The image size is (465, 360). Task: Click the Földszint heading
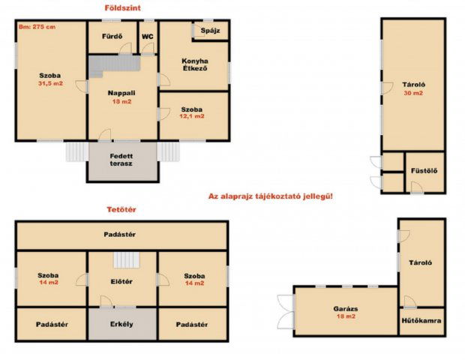(x=122, y=8)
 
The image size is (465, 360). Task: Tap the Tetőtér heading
(x=121, y=210)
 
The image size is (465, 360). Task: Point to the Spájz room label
(x=210, y=31)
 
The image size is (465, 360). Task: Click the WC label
(x=148, y=37)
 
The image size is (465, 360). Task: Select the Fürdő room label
(x=112, y=37)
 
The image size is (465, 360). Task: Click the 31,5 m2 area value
(x=51, y=83)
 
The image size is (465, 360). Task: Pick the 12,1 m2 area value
(x=192, y=116)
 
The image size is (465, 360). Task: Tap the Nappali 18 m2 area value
(x=122, y=101)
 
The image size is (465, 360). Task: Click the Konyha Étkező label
(x=195, y=64)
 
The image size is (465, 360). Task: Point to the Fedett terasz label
(x=121, y=160)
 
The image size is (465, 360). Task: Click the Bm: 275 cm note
(x=37, y=27)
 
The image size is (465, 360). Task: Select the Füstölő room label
(x=424, y=171)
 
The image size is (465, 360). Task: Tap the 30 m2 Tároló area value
(x=413, y=93)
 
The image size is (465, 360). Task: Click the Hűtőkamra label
(x=421, y=320)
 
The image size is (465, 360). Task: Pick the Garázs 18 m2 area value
(x=346, y=316)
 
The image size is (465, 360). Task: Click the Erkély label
(x=121, y=324)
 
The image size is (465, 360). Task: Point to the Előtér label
(x=121, y=281)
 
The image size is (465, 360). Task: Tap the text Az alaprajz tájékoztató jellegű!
(x=271, y=196)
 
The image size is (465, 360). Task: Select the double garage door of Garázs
(x=286, y=312)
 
